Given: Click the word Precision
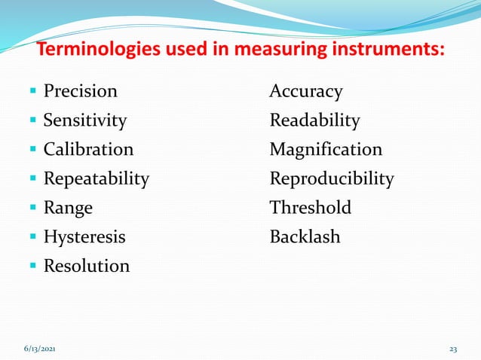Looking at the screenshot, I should tap(80, 92).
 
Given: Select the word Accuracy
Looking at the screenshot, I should tap(306, 92).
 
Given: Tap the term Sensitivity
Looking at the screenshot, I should tap(84, 121).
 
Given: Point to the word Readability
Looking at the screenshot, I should tap(314, 121).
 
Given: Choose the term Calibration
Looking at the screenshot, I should tap(88, 150).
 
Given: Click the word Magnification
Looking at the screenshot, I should tap(326, 150).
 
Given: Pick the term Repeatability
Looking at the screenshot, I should tap(96, 179).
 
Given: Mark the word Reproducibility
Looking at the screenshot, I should tap(332, 179).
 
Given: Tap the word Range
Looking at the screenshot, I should tap(68, 208).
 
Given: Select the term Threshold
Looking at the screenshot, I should tap(311, 208).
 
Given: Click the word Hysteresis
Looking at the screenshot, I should tap(84, 237).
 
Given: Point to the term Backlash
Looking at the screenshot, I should tap(305, 237).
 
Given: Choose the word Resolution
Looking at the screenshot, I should tap(86, 266).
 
